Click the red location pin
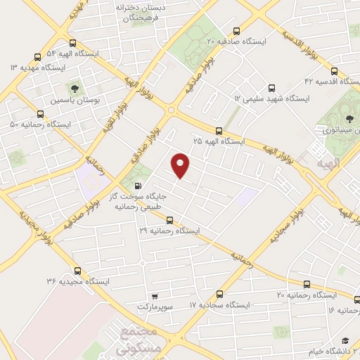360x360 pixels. (x=181, y=165)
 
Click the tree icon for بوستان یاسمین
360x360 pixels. (x=74, y=89)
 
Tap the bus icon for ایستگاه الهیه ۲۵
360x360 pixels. (x=219, y=131)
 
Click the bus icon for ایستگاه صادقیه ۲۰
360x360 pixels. (x=236, y=32)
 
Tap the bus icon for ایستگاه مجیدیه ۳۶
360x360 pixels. (x=77, y=271)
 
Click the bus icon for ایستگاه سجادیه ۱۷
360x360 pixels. (x=219, y=295)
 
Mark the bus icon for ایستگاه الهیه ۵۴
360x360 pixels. (x=63, y=43)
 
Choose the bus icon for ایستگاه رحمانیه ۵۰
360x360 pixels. (x=39, y=114)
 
